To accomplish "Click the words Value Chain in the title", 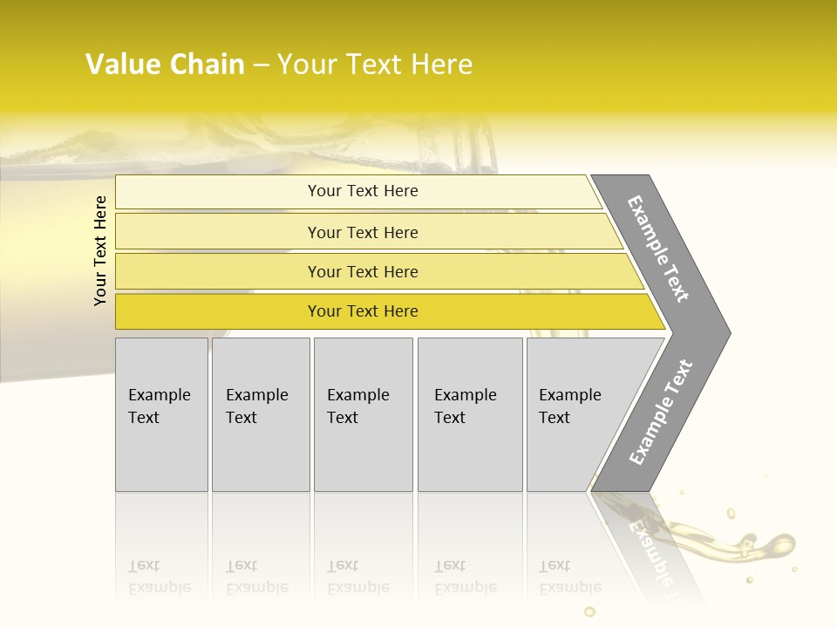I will [x=165, y=65].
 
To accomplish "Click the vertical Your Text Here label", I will [x=100, y=250].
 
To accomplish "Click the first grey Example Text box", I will [x=161, y=414].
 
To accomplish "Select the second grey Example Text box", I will [x=261, y=414].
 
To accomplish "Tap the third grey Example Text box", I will [x=363, y=414].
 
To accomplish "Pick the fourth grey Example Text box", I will [x=470, y=414].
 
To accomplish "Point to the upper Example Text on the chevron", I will [x=658, y=249].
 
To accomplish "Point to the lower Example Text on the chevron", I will [x=661, y=413].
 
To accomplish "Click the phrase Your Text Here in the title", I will [x=375, y=65].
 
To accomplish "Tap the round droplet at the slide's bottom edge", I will [x=589, y=612].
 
